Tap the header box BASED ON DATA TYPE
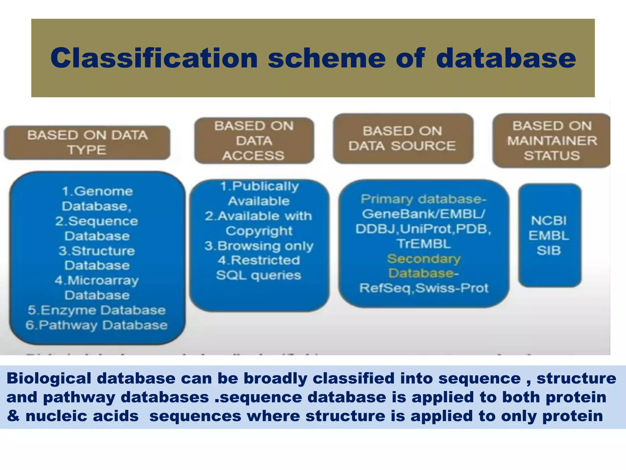(x=87, y=143)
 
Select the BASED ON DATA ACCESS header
(x=254, y=141)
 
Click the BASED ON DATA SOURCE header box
(x=403, y=139)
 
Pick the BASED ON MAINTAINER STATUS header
(x=552, y=141)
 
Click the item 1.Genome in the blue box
(x=98, y=192)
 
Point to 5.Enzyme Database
(x=97, y=310)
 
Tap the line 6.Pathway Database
(x=97, y=325)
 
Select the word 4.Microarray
(x=97, y=281)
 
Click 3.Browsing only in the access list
(x=259, y=246)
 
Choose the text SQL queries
(x=259, y=275)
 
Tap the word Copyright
(x=259, y=231)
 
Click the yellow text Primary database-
(x=423, y=199)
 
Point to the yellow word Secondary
(x=424, y=259)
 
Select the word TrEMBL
(x=424, y=244)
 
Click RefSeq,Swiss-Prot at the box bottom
(x=424, y=288)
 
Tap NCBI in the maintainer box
(x=549, y=221)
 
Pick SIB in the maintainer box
(x=549, y=251)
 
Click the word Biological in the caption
(x=49, y=378)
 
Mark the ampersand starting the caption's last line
(x=13, y=416)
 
